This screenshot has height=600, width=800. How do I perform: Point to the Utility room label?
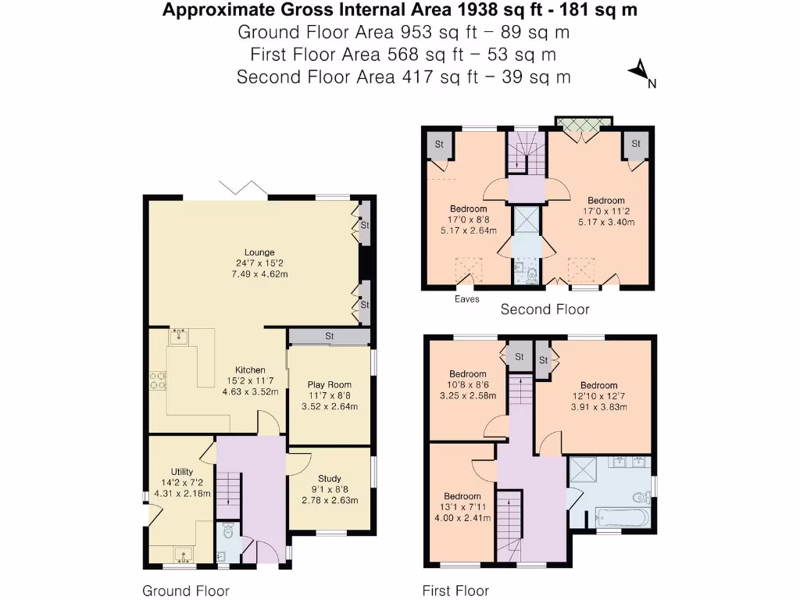click(179, 483)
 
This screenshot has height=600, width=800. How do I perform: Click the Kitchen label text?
click(251, 370)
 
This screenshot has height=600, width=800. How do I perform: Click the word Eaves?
click(468, 299)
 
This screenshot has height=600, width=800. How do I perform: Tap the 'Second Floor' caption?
click(545, 309)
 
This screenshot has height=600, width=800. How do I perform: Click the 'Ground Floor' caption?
click(185, 591)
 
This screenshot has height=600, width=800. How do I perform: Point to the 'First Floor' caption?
click(455, 591)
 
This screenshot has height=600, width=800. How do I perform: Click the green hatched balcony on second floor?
click(583, 123)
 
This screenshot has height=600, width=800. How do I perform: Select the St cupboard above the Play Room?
click(329, 337)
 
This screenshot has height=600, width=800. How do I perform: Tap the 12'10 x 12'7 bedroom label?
click(598, 396)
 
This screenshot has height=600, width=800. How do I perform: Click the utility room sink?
click(185, 555)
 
